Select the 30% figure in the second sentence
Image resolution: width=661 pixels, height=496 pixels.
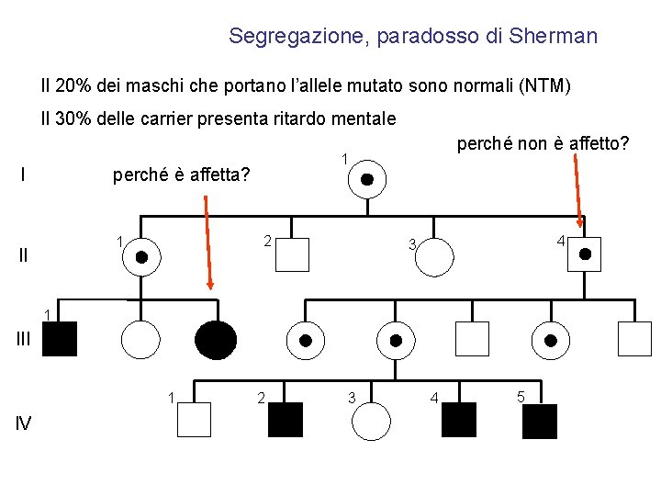pyautogui.click(x=71, y=119)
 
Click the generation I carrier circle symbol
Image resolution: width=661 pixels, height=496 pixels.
pyautogui.click(x=366, y=179)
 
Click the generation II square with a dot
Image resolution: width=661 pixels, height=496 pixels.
pyautogui.click(x=585, y=254)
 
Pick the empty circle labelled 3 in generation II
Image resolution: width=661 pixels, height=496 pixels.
pyautogui.click(x=432, y=257)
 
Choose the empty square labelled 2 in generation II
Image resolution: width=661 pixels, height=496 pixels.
pyautogui.click(x=292, y=254)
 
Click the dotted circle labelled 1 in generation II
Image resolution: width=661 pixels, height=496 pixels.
pyautogui.click(x=141, y=256)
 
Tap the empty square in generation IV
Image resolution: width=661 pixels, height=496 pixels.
pyautogui.click(x=194, y=420)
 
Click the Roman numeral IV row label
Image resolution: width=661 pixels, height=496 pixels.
pyautogui.click(x=25, y=423)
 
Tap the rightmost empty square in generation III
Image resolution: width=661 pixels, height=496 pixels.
pyautogui.click(x=634, y=340)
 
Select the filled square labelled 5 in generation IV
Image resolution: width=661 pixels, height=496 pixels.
pyautogui.click(x=540, y=420)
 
